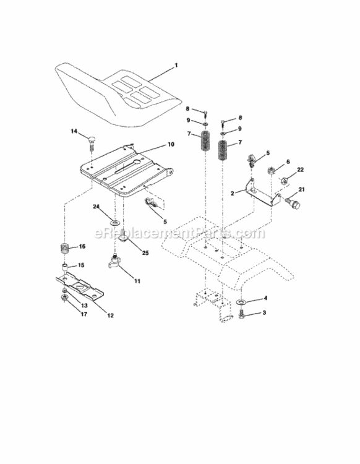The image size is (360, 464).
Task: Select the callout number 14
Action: tap(74, 131)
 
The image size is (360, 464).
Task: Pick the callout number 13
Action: tap(85, 305)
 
